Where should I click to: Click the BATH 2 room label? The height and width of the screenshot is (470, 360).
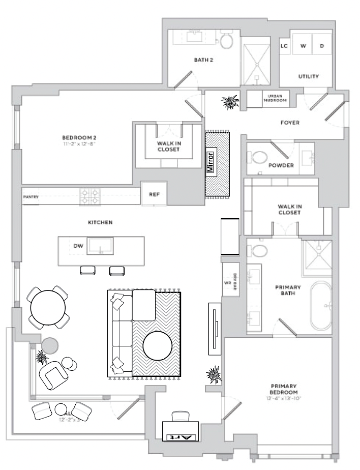pyautogui.click(x=203, y=60)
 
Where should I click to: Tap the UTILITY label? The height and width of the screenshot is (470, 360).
pyautogui.click(x=308, y=77)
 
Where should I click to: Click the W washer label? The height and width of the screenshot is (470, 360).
pyautogui.click(x=303, y=46)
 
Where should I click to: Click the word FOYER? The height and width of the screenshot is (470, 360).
pyautogui.click(x=290, y=123)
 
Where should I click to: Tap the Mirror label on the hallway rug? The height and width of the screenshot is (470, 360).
pyautogui.click(x=212, y=162)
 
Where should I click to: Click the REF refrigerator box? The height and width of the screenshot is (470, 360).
pyautogui.click(x=154, y=194)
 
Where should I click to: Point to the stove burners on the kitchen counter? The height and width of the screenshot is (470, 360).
pyautogui.click(x=89, y=197)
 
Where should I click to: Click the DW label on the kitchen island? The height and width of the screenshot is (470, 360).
pyautogui.click(x=78, y=246)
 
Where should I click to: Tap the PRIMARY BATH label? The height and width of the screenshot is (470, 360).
pyautogui.click(x=288, y=290)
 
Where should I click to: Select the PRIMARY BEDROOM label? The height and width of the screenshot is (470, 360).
pyautogui.click(x=284, y=389)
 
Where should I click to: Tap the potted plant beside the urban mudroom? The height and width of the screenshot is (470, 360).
pyautogui.click(x=230, y=102)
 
